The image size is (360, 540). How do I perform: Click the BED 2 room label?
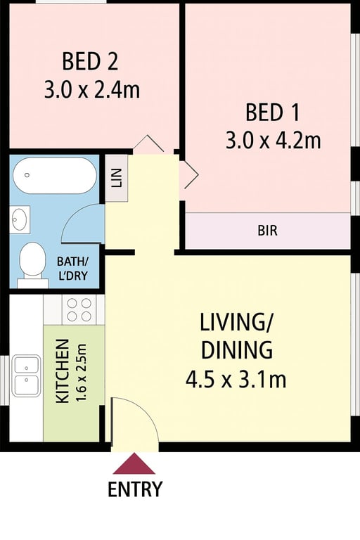[x=90, y=61]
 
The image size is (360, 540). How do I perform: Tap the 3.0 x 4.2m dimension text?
[x=274, y=141]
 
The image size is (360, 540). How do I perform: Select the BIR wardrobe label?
[x=268, y=231]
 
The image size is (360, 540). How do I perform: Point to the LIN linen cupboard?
[x=117, y=178]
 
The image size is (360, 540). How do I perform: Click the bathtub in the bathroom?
[x=55, y=176]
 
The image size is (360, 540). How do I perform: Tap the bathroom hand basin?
[x=20, y=219]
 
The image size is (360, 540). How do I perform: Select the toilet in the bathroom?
[x=32, y=265]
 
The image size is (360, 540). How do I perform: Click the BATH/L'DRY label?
[x=72, y=269]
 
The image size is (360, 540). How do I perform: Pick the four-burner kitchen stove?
[x=79, y=309]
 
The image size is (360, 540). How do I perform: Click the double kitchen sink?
[x=26, y=375]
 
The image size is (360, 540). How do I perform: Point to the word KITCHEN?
[x=63, y=371]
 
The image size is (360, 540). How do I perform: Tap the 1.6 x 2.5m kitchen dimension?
[x=82, y=373]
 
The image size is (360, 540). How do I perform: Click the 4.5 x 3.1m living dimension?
[x=236, y=380]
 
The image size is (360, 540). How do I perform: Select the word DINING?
[x=237, y=351]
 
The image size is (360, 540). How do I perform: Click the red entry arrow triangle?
[x=134, y=464]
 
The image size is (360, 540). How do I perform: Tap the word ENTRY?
[x=135, y=489]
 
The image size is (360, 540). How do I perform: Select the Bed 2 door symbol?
[x=148, y=144]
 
